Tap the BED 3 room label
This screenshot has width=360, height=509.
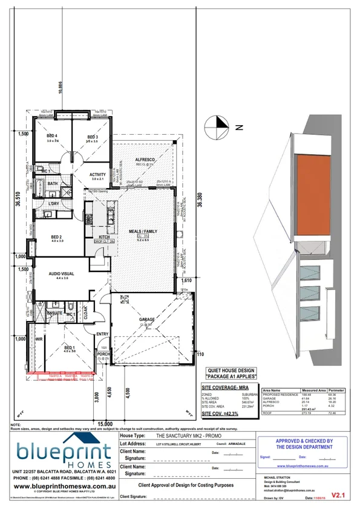tap(92, 137)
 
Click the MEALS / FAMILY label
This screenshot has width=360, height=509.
tap(143, 231)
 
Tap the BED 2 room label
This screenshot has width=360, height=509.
tap(57, 237)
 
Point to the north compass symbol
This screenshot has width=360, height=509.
tap(216, 127)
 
